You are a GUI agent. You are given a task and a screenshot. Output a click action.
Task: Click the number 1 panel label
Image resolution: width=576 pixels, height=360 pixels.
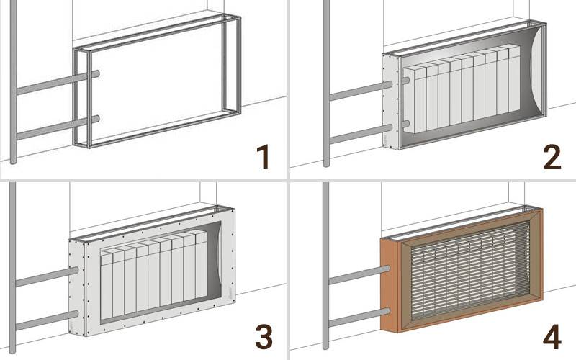264,157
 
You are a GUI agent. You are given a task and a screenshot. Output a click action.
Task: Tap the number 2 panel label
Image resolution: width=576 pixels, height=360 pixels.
552,157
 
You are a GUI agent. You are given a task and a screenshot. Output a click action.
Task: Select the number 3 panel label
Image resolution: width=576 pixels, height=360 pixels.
264,336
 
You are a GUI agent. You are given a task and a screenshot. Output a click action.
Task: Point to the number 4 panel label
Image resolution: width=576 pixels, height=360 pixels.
552,336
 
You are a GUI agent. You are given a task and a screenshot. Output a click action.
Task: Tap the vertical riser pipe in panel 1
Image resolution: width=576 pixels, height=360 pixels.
13,81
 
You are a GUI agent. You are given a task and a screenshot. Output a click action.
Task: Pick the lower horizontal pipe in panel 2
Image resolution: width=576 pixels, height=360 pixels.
361,135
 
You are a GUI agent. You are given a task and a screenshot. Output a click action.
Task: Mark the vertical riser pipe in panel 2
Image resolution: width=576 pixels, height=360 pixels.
327,84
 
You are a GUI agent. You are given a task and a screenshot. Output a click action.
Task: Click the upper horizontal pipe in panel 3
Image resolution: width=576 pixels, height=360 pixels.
47,277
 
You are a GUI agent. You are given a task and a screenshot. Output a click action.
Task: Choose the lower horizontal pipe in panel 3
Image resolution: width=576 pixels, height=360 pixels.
47,320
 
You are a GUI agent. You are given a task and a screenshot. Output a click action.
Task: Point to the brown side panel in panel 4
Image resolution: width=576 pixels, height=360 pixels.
390,284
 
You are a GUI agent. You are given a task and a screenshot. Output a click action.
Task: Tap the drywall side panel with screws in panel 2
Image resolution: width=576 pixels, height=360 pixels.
390,100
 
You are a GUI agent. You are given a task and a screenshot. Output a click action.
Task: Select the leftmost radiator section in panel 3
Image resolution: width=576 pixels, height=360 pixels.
106,284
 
